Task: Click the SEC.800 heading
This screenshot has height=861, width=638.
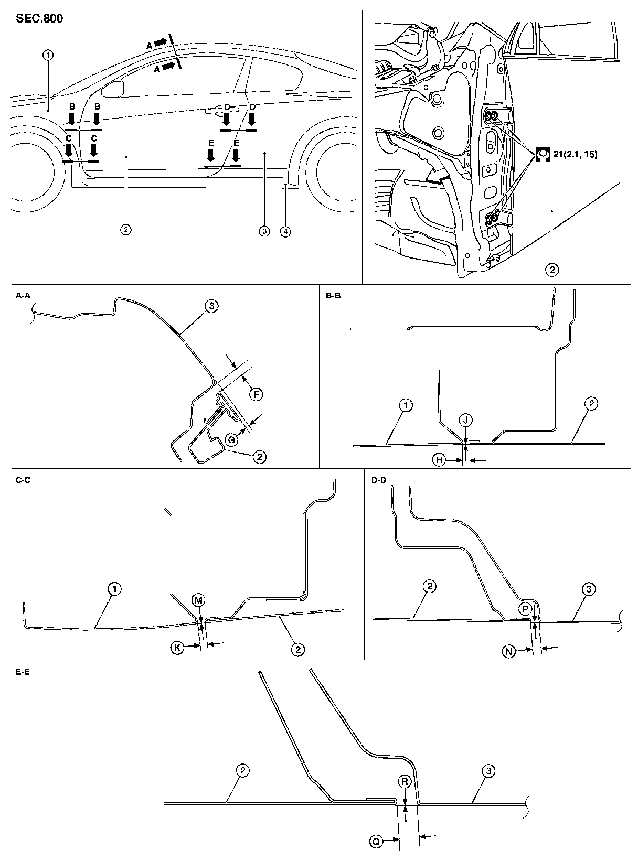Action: (39, 19)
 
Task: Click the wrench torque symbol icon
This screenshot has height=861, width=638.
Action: (543, 155)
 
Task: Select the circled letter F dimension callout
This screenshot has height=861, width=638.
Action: (256, 395)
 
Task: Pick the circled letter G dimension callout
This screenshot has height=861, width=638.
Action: (231, 440)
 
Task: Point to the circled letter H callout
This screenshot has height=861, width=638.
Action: (439, 460)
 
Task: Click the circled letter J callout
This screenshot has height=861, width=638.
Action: (465, 419)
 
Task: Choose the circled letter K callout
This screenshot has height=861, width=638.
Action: (177, 648)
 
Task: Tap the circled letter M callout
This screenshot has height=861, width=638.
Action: (198, 600)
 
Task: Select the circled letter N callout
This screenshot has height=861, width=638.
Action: (509, 651)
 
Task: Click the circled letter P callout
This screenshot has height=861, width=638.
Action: (525, 609)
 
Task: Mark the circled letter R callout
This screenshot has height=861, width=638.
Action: (405, 781)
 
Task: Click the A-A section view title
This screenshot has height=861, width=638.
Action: (23, 296)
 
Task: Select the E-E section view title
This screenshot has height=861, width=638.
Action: (23, 672)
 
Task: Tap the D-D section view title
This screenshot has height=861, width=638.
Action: (379, 480)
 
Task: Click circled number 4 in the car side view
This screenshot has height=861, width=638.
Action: (285, 232)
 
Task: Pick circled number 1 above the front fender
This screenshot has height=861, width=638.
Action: (48, 55)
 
